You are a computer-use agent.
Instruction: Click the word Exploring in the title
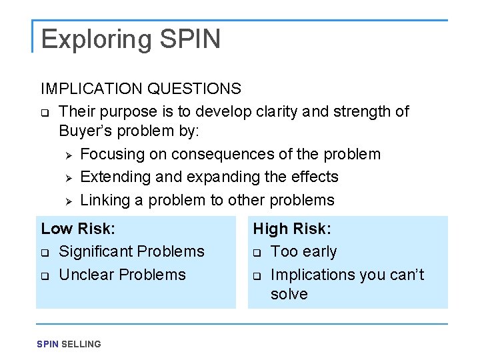click(96, 40)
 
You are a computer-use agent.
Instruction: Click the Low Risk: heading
click(78, 229)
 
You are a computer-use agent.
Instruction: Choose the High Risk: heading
click(291, 229)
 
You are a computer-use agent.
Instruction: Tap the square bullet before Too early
click(257, 253)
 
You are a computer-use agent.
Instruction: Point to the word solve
click(289, 294)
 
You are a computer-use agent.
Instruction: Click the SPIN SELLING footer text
click(69, 344)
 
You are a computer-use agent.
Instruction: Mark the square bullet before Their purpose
click(45, 112)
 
